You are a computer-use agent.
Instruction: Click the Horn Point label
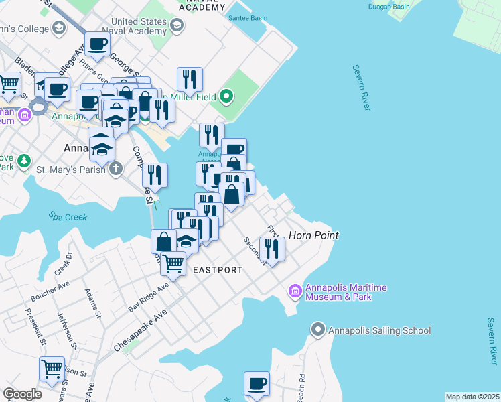tap(313, 235)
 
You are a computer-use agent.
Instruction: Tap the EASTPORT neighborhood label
tap(217, 270)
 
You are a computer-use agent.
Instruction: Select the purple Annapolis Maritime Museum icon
tap(295, 291)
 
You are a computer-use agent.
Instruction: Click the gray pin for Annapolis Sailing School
tap(318, 330)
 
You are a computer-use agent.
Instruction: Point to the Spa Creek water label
tap(64, 216)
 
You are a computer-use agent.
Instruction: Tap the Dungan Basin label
tap(388, 7)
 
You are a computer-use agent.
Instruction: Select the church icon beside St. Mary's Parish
tap(116, 167)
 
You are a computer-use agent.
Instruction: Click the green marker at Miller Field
tap(226, 97)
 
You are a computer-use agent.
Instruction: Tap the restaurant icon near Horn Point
tap(273, 247)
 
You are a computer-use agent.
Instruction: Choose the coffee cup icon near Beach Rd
tap(257, 383)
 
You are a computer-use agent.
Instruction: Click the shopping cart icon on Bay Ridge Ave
tap(173, 263)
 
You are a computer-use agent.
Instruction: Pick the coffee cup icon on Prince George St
tap(97, 44)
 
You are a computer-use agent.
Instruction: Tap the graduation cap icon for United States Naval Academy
tap(177, 26)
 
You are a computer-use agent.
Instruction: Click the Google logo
tap(22, 394)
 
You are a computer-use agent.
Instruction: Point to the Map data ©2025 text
tap(472, 397)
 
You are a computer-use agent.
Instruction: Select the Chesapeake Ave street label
tap(139, 332)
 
